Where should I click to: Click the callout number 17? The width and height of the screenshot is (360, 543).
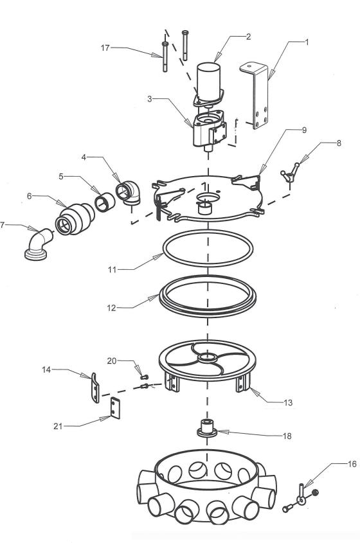[105, 48]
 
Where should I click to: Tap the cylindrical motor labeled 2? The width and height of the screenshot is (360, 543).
[208, 80]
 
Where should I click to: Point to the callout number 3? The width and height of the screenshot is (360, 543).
[150, 99]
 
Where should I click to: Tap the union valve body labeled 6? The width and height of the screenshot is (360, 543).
[75, 219]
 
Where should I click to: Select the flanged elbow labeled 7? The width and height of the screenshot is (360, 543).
[38, 244]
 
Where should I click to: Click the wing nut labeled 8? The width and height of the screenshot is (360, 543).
[290, 172]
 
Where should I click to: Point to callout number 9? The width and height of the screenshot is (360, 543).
[304, 130]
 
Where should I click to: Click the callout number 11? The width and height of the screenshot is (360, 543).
[112, 269]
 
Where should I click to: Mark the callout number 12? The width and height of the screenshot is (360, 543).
[111, 308]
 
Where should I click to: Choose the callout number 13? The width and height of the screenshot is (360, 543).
[288, 403]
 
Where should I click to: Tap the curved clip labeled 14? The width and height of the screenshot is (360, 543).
[95, 388]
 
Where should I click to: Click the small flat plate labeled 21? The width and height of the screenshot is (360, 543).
[115, 408]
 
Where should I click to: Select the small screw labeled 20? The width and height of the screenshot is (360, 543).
[145, 377]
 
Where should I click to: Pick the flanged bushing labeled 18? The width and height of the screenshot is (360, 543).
[207, 429]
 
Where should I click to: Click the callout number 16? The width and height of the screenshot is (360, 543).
[352, 464]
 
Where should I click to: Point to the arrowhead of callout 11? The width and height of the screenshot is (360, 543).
[159, 256]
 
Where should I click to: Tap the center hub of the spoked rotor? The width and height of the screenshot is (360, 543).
[207, 357]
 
